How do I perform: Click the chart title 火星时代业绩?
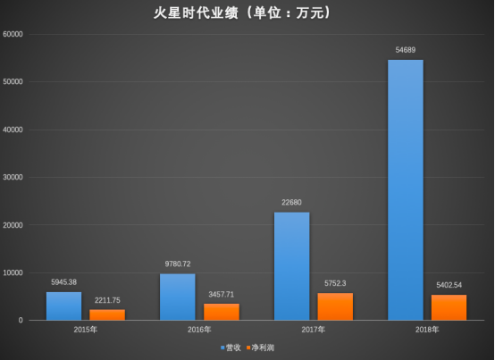(196, 13)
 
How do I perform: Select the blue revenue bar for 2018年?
(406, 190)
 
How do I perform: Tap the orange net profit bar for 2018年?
(449, 307)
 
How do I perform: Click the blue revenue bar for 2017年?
(291, 266)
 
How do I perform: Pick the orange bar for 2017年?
(335, 306)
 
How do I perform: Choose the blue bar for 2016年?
(178, 297)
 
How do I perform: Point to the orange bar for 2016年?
(222, 312)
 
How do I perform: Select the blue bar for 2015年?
(63, 306)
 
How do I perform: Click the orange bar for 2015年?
(107, 314)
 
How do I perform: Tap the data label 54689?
(406, 50)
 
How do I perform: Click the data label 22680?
(291, 202)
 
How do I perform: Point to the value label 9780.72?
(178, 264)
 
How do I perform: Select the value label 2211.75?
(107, 300)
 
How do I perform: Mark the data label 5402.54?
(449, 285)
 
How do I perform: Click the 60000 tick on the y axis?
(13, 34)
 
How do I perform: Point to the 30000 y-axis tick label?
(13, 177)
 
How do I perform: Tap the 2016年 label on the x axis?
(199, 330)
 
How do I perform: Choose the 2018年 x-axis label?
(427, 330)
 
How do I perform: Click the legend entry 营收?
(231, 347)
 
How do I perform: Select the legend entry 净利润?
(260, 347)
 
